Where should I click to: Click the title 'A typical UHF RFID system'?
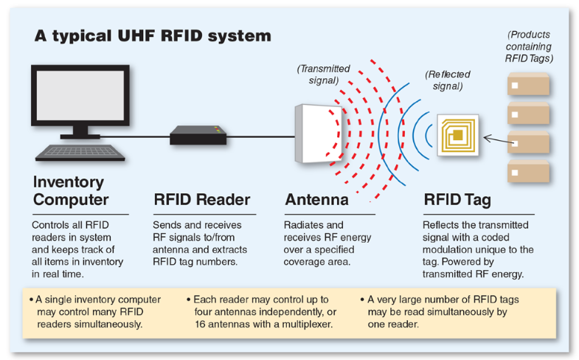(x=153, y=35)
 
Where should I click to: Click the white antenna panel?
(x=318, y=134)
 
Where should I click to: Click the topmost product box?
(x=528, y=86)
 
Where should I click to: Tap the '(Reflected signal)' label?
(x=447, y=80)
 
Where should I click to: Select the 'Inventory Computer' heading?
(x=70, y=190)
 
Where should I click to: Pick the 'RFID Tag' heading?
(x=457, y=199)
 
